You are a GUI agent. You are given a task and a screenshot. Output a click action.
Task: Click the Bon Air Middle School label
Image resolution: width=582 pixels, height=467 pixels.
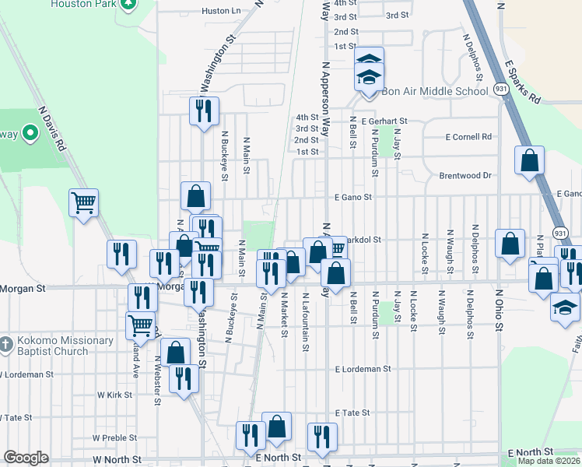point(434,91)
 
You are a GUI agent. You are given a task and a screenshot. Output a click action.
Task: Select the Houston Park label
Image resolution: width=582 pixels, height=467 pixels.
point(82,4)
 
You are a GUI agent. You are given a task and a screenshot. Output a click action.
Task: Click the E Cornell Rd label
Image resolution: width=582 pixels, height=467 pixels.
point(469,136)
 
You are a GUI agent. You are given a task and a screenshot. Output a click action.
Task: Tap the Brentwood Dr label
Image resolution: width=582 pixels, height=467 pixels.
point(465,175)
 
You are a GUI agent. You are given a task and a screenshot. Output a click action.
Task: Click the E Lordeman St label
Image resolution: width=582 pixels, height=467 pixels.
point(363,369)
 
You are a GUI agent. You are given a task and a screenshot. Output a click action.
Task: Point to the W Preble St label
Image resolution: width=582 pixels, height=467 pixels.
point(114,438)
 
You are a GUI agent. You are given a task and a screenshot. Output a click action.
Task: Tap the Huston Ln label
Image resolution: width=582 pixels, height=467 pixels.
point(221,11)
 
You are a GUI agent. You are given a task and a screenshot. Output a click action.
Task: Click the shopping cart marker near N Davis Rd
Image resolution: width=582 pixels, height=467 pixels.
point(83,204)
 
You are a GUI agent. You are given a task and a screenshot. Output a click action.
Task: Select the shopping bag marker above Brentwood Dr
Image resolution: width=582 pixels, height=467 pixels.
point(529,161)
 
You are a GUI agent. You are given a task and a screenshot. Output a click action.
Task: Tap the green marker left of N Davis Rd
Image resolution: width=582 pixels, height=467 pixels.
point(30,133)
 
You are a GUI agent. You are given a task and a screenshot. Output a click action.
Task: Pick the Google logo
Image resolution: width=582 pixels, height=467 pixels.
point(26,457)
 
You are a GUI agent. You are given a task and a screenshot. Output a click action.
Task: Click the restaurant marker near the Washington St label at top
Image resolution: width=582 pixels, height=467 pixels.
point(204,111)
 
